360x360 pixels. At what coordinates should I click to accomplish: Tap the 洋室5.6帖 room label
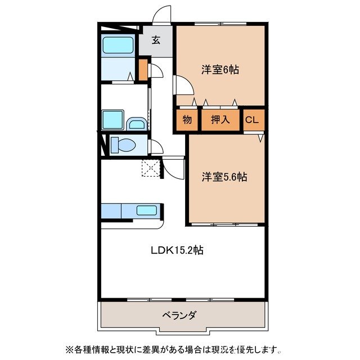[224, 177]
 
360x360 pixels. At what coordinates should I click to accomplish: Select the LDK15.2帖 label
[177, 251]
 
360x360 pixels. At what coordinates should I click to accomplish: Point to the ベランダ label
[181, 315]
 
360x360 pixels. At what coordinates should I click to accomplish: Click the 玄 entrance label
[156, 40]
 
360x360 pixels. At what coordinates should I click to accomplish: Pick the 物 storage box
[187, 119]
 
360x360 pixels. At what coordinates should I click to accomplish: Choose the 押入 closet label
[220, 119]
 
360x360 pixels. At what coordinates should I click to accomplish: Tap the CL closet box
[253, 119]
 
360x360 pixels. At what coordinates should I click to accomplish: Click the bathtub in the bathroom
[118, 45]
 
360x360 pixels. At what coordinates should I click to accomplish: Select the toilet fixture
[123, 145]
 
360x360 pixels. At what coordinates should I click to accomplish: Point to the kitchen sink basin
[147, 211]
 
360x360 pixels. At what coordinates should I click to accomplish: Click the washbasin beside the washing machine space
[136, 124]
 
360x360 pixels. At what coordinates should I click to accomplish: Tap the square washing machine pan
[113, 119]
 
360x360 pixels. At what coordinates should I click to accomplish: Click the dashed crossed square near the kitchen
[150, 168]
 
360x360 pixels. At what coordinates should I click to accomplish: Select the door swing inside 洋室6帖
[184, 86]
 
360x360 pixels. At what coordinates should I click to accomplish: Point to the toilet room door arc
[157, 147]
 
